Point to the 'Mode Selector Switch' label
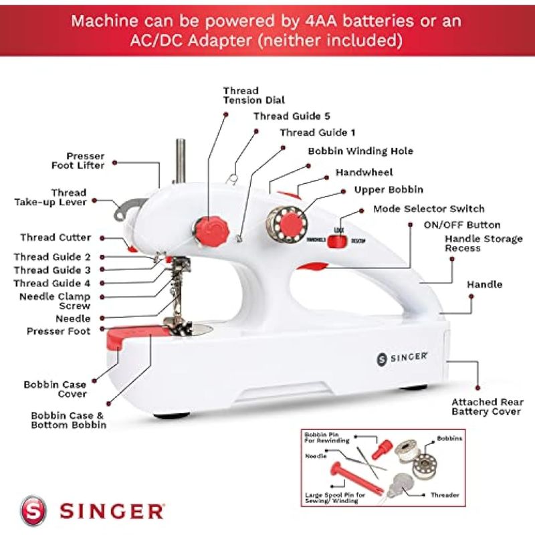[429, 209]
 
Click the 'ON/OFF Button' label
[461, 225]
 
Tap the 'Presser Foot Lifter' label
[78, 160]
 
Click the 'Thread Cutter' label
[56, 237]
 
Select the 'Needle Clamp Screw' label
[55, 301]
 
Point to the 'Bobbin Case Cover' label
[55, 389]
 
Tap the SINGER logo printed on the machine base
[402, 358]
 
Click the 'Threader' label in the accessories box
[445, 495]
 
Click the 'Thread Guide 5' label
[292, 116]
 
